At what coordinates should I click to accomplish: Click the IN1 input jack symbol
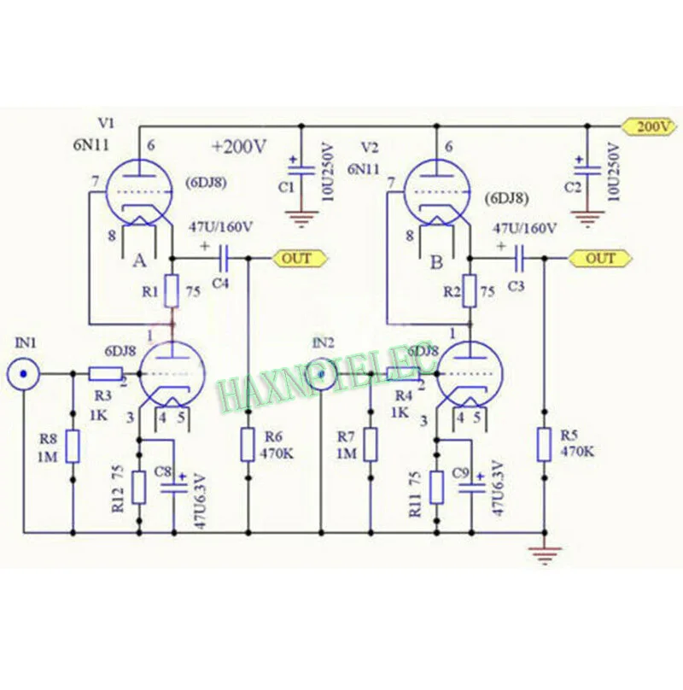coord(24,374)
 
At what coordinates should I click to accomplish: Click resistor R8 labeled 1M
coord(73,446)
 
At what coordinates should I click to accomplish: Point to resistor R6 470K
coord(248,444)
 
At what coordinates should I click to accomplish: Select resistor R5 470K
coord(544,445)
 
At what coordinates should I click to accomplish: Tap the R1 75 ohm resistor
coord(172,291)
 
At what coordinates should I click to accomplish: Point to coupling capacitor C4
coord(224,257)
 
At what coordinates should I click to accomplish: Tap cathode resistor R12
coord(138,487)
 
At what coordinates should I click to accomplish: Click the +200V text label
coord(239,147)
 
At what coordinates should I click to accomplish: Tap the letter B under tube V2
coord(437,263)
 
